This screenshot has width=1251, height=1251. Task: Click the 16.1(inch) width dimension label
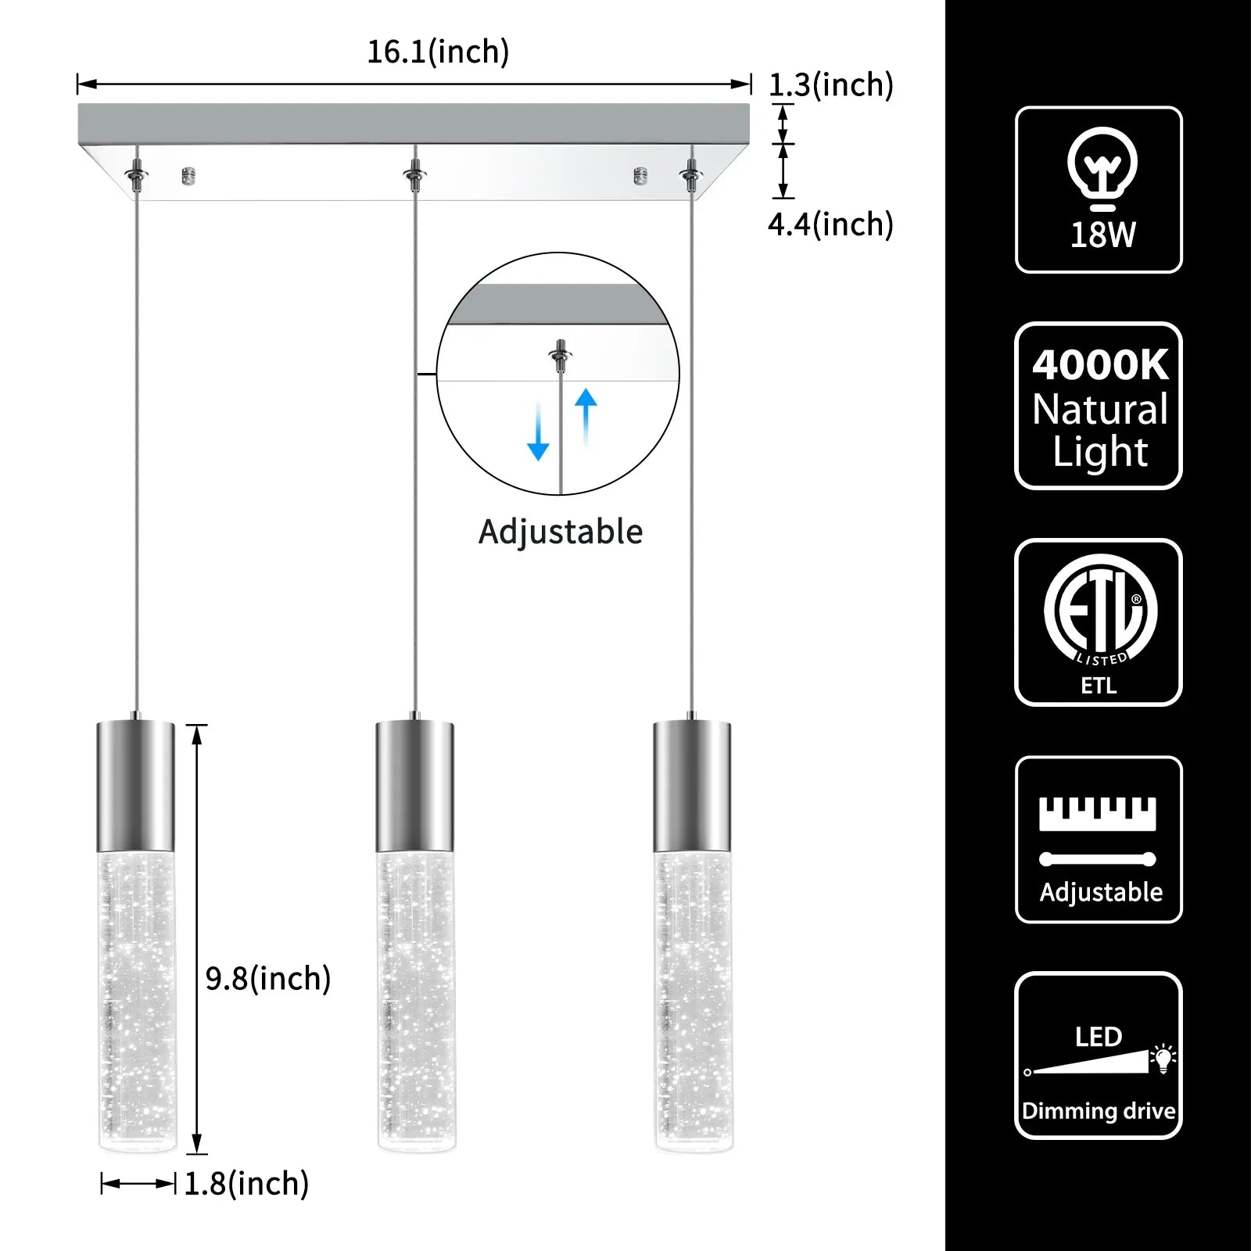(438, 52)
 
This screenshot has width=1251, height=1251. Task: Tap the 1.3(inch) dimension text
(830, 85)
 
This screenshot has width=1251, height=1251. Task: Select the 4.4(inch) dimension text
(830, 225)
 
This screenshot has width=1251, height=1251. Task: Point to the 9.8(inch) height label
(268, 979)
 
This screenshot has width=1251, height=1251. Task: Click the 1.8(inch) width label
(246, 1184)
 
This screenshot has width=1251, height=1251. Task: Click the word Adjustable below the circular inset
(561, 532)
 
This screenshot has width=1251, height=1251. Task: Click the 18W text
(1102, 235)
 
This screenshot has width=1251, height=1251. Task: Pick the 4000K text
(1099, 365)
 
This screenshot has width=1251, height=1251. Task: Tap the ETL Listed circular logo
(1100, 611)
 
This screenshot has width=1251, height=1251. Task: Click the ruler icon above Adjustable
(1098, 814)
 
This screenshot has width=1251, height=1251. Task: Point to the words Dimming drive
(1099, 1111)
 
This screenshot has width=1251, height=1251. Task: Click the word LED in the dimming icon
(1099, 1037)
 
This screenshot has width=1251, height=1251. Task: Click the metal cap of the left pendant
(136, 786)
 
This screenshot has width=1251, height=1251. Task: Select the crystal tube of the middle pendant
(415, 1001)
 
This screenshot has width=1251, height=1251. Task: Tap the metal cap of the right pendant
(692, 786)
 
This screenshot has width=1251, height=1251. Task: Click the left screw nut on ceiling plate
(188, 176)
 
